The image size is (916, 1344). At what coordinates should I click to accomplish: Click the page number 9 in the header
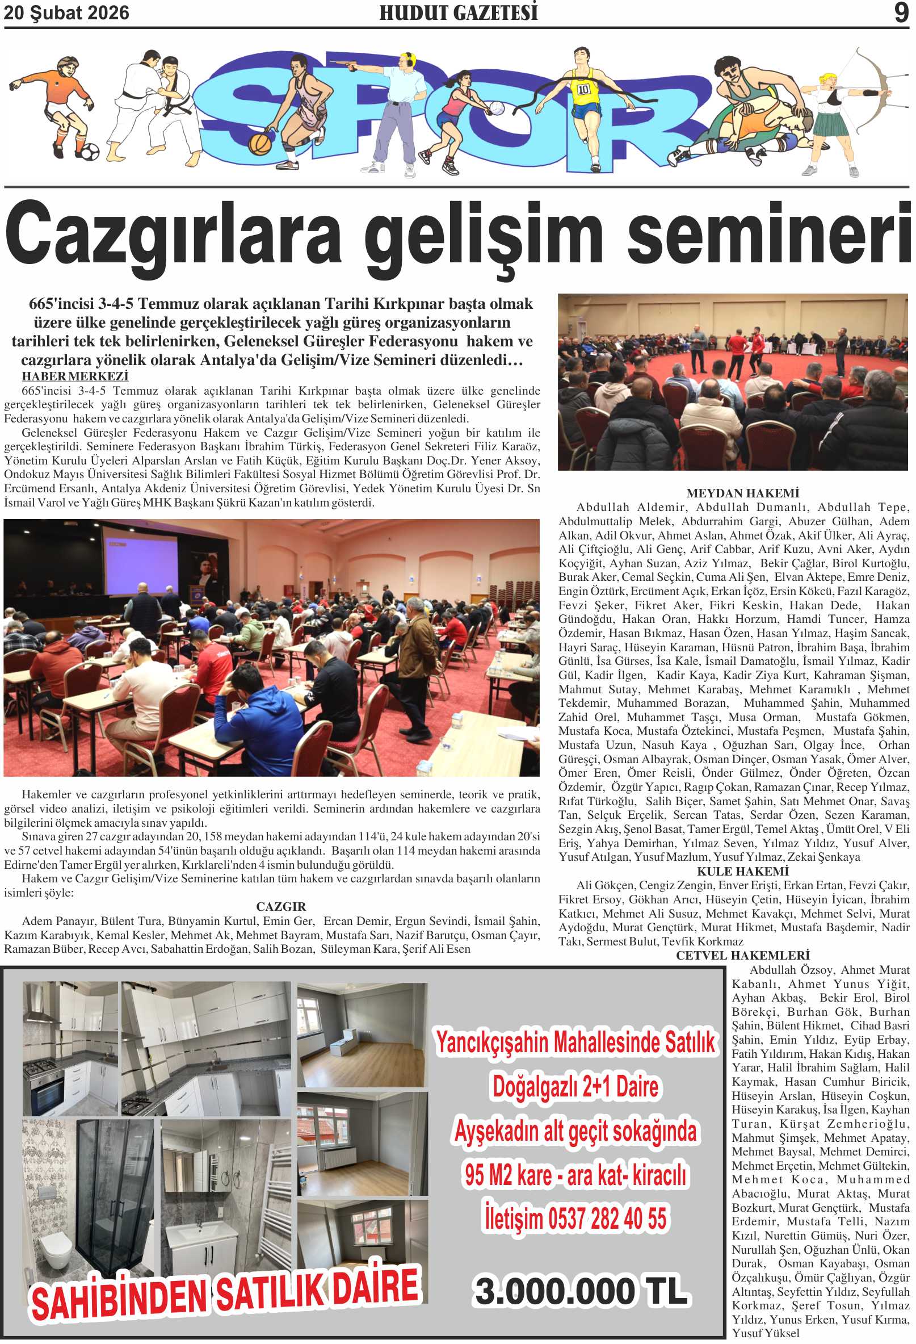pos(901,12)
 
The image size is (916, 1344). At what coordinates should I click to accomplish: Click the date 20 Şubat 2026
pos(66,13)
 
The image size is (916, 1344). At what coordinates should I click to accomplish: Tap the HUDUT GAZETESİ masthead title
pos(459,13)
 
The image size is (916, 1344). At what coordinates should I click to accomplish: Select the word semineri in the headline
pos(768,233)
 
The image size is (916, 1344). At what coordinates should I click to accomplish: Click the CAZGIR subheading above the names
pos(281,906)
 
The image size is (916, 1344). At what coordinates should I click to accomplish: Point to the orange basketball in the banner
pos(259,144)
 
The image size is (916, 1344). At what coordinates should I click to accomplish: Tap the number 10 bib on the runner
pos(583,89)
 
